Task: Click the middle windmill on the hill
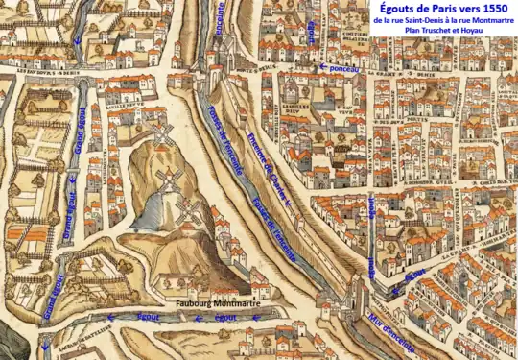click(173, 179)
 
